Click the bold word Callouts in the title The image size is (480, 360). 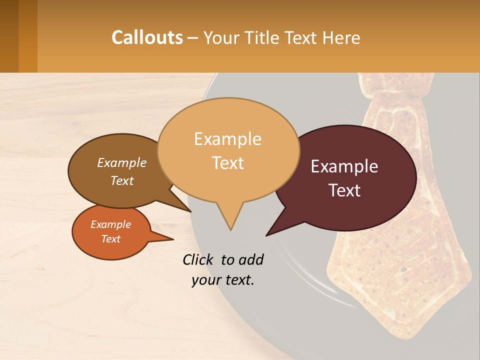pos(147,37)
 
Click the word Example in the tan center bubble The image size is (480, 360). pos(227,139)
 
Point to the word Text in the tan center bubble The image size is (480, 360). pos(228,163)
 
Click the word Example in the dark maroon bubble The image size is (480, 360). pos(344,166)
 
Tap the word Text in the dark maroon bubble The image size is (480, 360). pos(345,190)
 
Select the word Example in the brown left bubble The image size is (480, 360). pos(122,162)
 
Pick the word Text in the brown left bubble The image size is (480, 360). pos(122,180)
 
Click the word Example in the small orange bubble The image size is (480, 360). pos(110,224)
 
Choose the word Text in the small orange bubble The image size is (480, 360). pos(111,239)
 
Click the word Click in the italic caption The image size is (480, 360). pos(198,259)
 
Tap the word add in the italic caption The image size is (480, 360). pos(251,259)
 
